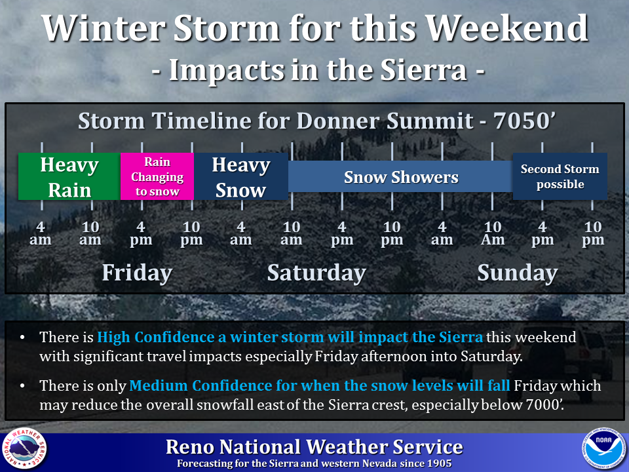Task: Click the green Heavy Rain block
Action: (69, 176)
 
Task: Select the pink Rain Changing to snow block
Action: (157, 176)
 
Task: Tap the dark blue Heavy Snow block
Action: (241, 176)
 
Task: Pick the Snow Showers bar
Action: (400, 176)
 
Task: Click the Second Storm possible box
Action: (560, 176)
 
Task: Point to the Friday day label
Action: (137, 273)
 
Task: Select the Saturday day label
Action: (316, 273)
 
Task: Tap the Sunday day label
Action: (518, 273)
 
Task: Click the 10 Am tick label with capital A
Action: (493, 233)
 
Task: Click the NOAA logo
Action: (603, 448)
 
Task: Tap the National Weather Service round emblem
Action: (24, 448)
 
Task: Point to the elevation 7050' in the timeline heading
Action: (524, 121)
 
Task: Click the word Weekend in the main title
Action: (506, 28)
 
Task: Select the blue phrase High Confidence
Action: (156, 337)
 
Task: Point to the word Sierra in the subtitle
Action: (423, 70)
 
